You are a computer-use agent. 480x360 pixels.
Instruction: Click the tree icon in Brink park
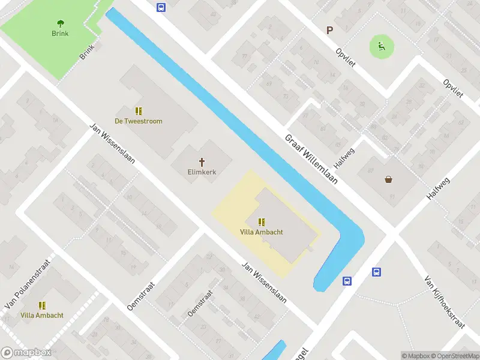(x=60, y=23)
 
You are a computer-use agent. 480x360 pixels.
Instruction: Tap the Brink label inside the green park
(x=60, y=34)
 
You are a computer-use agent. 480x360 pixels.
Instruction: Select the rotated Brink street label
(x=88, y=52)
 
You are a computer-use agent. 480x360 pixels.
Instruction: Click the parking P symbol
(x=328, y=30)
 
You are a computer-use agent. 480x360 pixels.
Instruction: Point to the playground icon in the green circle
(x=380, y=44)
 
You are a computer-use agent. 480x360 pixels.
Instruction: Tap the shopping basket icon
(x=388, y=179)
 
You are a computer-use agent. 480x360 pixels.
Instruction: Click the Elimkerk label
(x=202, y=172)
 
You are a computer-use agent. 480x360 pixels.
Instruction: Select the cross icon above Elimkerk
(x=202, y=161)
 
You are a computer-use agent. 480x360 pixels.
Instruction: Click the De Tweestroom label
(x=139, y=121)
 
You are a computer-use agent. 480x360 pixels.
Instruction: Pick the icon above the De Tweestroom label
(x=139, y=111)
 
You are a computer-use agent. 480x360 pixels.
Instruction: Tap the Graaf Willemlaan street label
(x=311, y=159)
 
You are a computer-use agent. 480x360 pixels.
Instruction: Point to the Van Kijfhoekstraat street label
(x=445, y=302)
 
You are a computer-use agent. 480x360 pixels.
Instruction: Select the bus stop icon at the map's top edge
(x=161, y=7)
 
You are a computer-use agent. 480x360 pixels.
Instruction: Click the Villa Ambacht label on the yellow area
(x=262, y=232)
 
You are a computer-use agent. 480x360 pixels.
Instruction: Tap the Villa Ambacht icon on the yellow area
(x=262, y=222)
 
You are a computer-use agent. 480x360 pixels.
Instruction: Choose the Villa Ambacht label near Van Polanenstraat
(x=42, y=315)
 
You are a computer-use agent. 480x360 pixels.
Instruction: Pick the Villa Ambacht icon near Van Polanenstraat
(x=42, y=305)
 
